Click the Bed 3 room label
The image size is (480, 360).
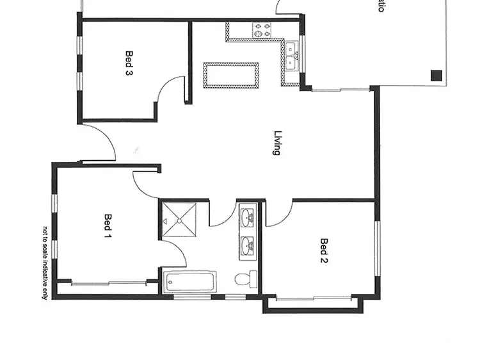(129, 63)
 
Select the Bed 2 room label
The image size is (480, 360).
(324, 251)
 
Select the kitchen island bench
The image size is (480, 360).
(230, 76)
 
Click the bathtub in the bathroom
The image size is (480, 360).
(189, 282)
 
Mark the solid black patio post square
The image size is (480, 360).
(436, 75)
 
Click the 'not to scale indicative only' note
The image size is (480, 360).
(45, 263)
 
